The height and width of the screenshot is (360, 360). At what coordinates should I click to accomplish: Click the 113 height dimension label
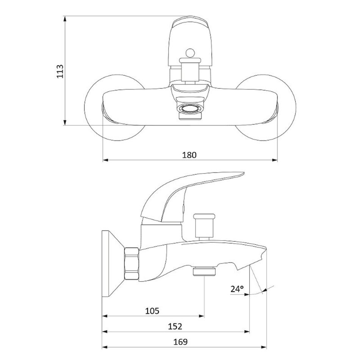coord(60,71)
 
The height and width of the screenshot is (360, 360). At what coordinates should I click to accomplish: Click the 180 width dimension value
coord(189,155)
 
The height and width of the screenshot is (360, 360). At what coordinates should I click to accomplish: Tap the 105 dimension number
coord(152,311)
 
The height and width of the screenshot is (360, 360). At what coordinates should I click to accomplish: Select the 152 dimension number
coord(175,326)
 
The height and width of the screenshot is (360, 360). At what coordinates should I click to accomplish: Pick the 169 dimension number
coord(180,342)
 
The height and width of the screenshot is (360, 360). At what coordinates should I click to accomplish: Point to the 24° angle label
coord(237,289)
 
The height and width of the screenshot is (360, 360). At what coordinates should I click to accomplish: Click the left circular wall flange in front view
coord(115,107)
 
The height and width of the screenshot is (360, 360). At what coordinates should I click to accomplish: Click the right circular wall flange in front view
coord(266,107)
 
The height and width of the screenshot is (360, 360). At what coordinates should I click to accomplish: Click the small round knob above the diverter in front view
coord(190,53)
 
